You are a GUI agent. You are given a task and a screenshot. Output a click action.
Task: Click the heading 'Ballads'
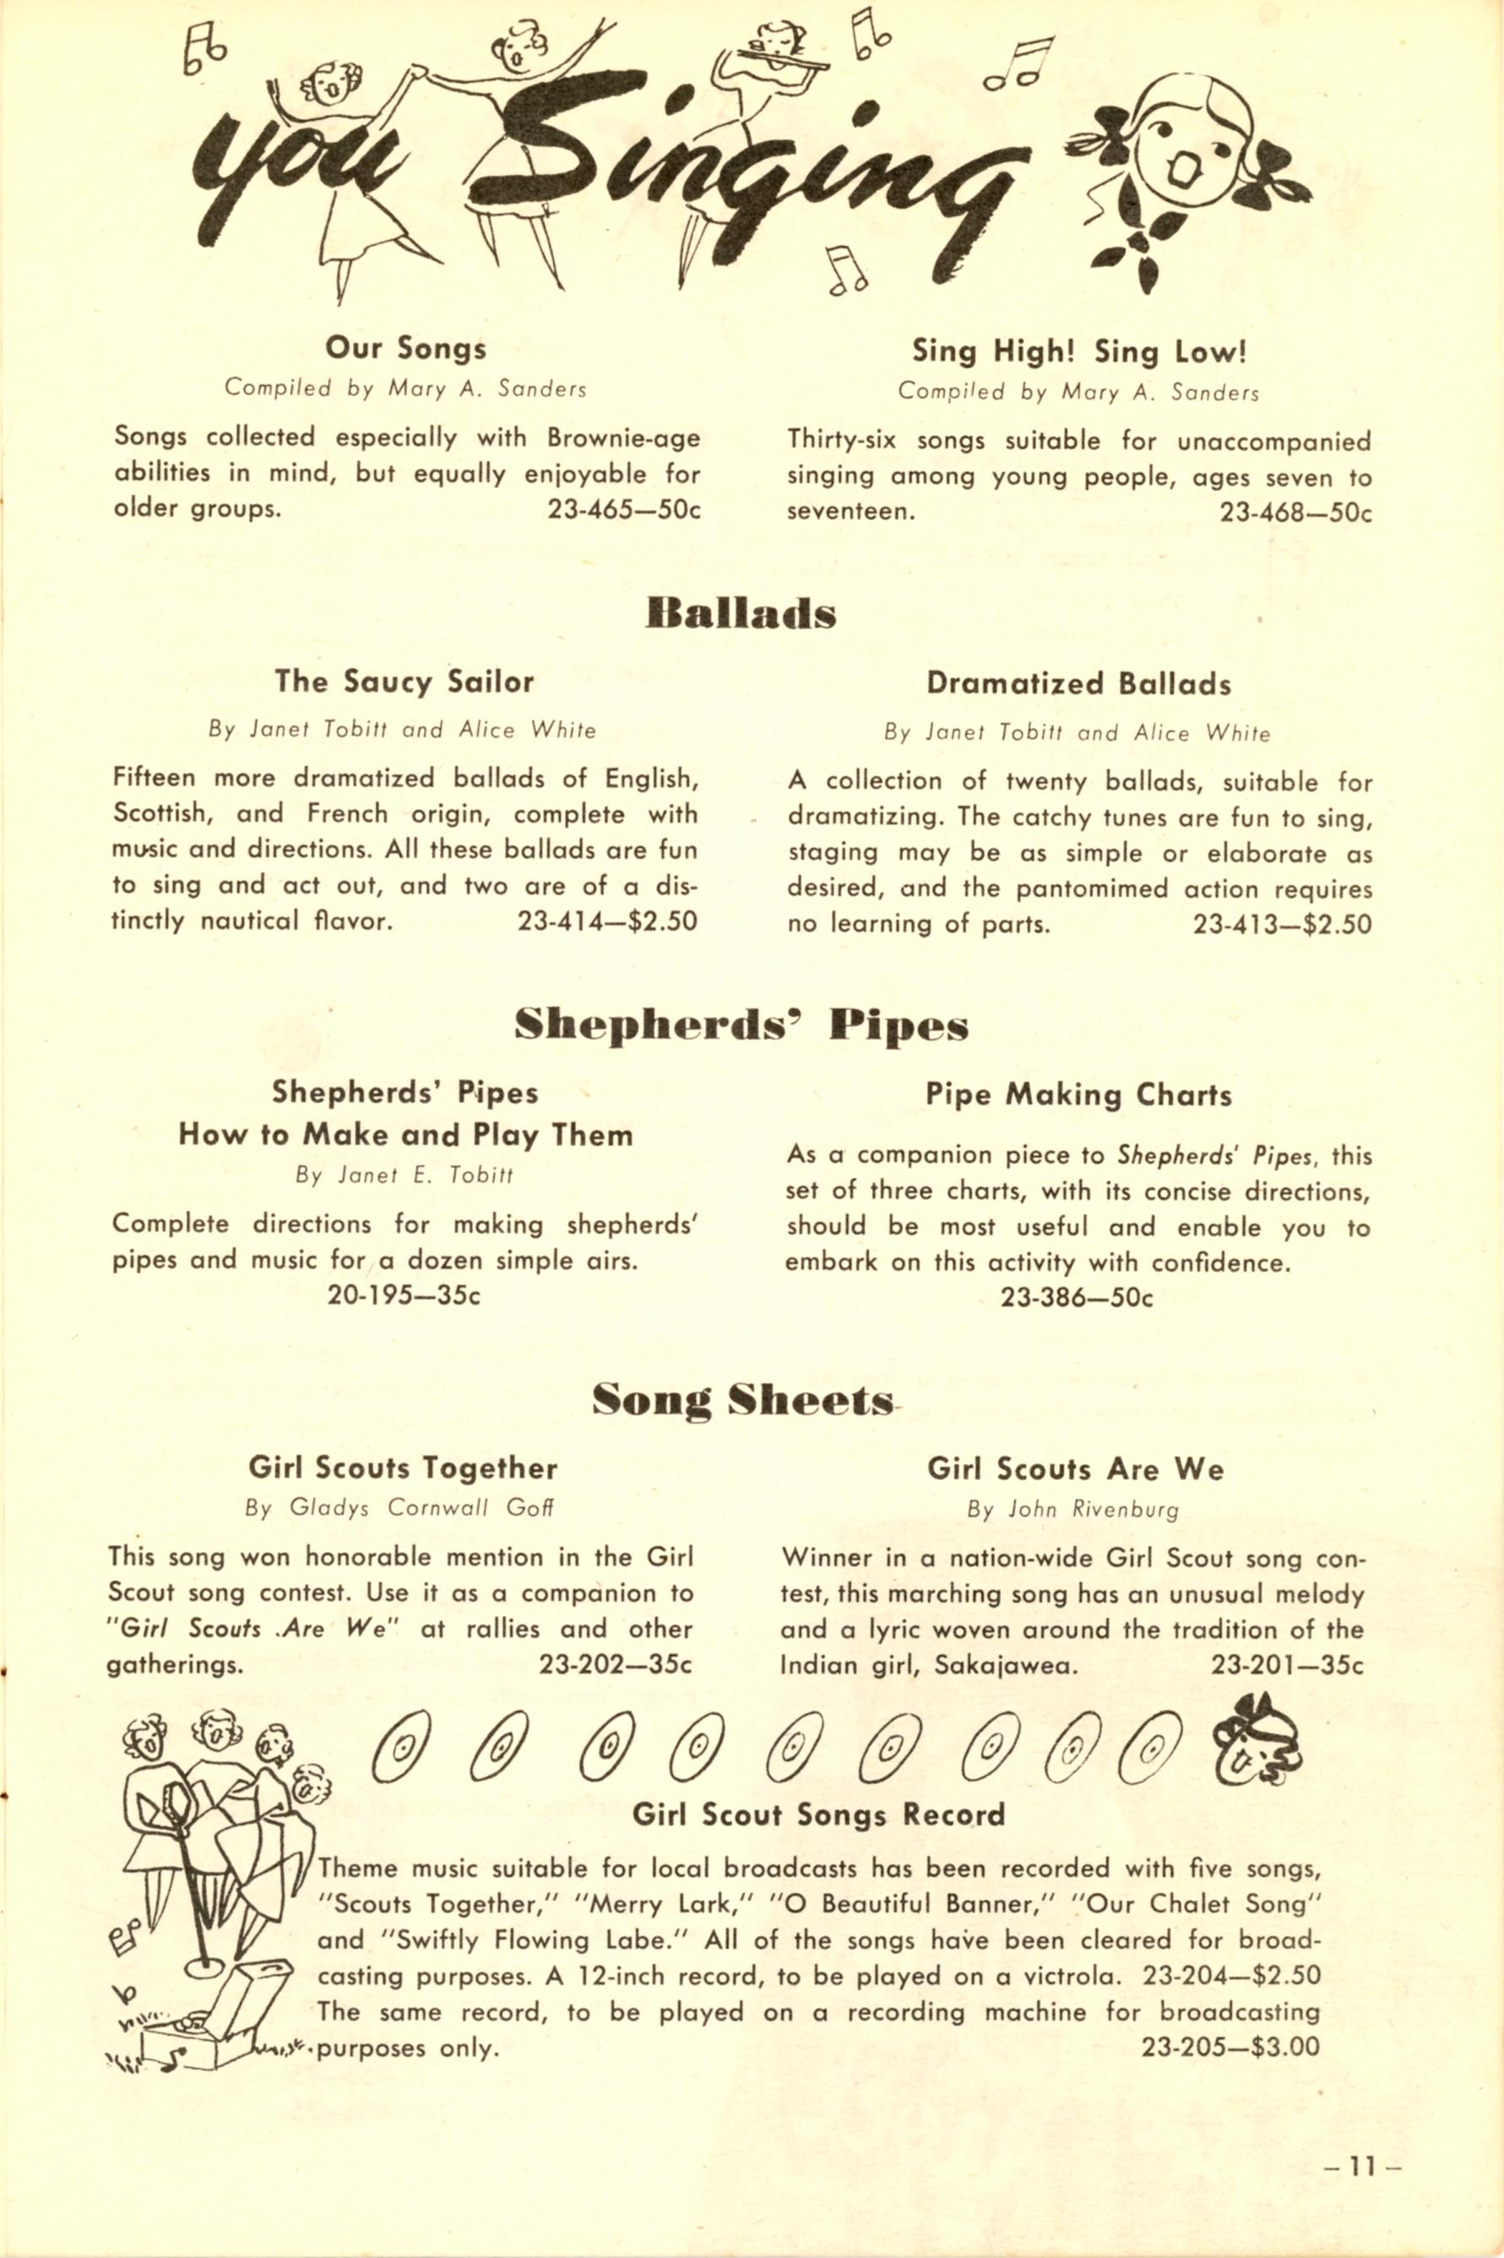tap(741, 614)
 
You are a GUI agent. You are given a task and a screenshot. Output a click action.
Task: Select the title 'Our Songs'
tap(405, 347)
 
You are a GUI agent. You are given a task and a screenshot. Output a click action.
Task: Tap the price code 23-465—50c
tap(624, 509)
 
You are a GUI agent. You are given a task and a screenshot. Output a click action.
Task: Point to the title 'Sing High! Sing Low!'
tap(1079, 352)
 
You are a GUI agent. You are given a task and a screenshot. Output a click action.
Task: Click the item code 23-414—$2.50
tap(607, 921)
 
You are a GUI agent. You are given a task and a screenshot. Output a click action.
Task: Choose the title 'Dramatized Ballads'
tap(1079, 684)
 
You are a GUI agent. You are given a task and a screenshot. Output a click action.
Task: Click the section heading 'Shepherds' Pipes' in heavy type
tap(741, 1026)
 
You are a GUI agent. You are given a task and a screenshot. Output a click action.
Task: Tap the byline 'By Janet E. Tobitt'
tap(405, 1175)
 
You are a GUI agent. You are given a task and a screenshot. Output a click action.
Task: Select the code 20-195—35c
tap(405, 1295)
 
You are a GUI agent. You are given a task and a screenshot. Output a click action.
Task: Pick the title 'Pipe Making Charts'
tap(1079, 1095)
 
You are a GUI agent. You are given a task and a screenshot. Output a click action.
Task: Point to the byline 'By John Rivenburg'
tap(1072, 1510)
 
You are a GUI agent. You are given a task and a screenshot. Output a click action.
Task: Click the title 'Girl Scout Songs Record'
tap(819, 1815)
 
